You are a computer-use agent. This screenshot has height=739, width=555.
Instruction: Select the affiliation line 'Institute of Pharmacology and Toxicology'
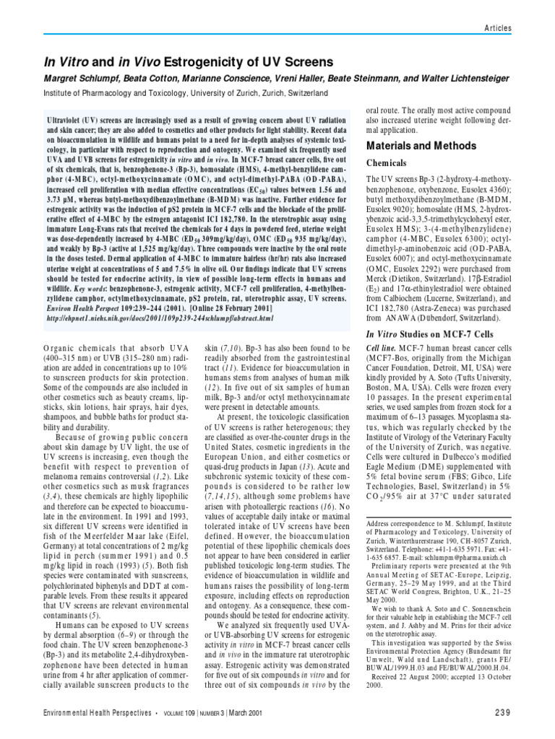click(x=166, y=95)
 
